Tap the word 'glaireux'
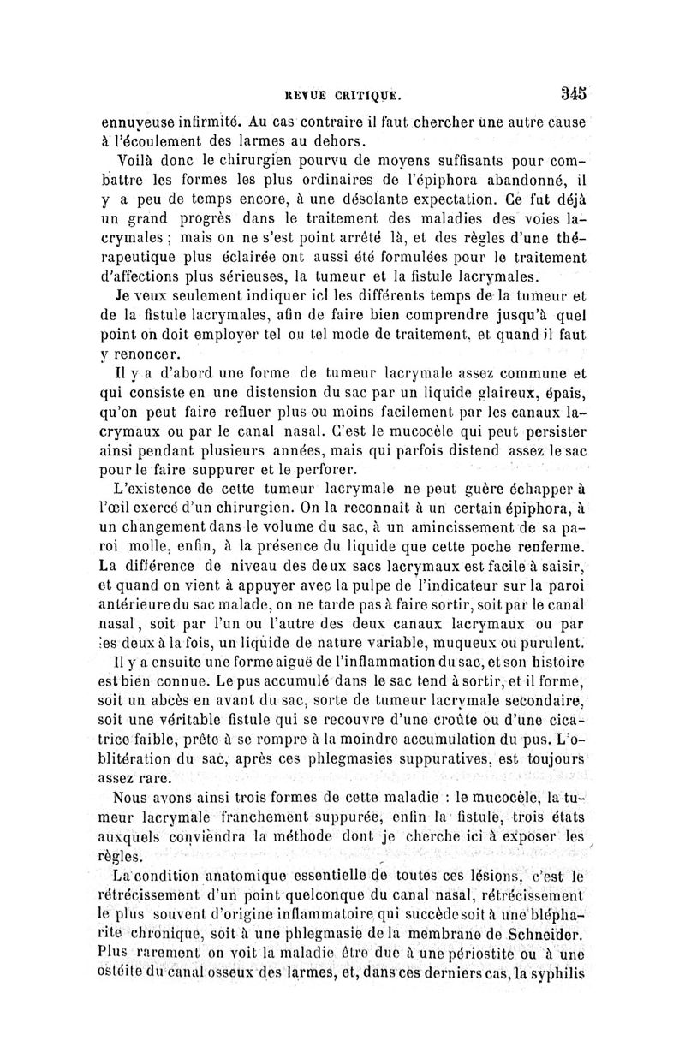click(511, 394)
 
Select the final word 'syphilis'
click(553, 977)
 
